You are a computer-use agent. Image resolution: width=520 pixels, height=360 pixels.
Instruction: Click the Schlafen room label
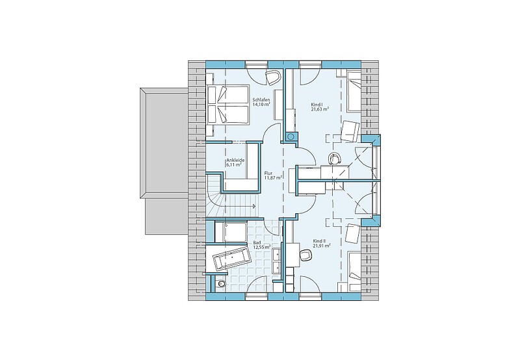click(x=261, y=100)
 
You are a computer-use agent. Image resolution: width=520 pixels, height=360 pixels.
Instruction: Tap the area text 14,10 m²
click(x=261, y=104)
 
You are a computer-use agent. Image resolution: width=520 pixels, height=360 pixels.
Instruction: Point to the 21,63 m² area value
click(x=320, y=109)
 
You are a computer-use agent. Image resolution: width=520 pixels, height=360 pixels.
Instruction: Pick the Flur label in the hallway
click(x=268, y=173)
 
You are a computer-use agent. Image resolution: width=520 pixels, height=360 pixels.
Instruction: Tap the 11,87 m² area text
click(x=273, y=177)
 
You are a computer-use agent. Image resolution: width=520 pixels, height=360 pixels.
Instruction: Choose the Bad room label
click(x=257, y=242)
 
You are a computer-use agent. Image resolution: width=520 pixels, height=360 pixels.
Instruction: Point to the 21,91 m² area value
click(x=322, y=246)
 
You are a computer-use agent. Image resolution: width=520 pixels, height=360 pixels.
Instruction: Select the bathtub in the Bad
click(x=231, y=257)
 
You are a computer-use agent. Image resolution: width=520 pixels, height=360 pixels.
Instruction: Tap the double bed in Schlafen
click(x=228, y=105)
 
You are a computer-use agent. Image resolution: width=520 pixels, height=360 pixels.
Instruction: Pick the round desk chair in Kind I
click(x=334, y=158)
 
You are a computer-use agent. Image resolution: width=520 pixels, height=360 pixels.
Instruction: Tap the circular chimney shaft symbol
click(x=291, y=136)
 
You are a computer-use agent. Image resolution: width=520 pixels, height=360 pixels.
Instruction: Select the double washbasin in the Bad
click(x=276, y=259)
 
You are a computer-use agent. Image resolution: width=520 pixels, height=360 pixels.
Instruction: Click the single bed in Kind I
click(x=353, y=91)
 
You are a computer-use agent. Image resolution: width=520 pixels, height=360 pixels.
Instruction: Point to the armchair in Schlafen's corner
click(x=272, y=77)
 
